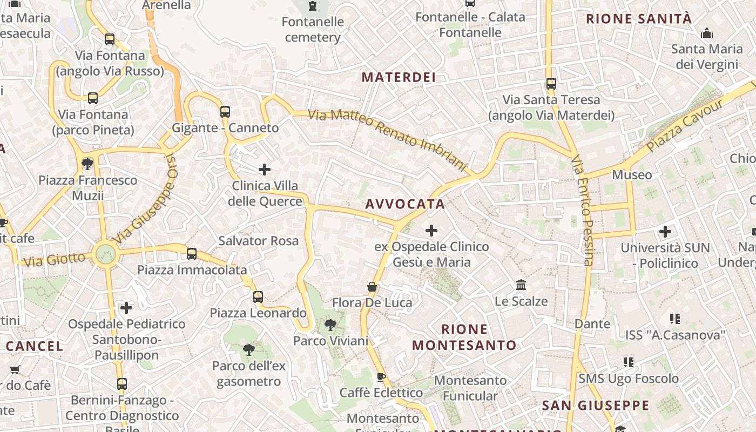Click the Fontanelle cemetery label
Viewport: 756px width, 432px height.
313,30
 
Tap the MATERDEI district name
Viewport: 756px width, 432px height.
399,77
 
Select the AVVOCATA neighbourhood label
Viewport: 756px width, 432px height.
405,204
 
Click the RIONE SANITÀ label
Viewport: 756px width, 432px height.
639,19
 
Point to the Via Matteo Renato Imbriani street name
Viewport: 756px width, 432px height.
387,140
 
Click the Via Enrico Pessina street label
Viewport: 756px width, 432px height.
582,211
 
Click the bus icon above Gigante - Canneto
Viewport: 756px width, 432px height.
225,112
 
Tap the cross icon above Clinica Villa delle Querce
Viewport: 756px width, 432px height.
265,170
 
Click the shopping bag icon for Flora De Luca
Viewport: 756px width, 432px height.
372,287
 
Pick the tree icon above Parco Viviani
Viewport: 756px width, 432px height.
330,325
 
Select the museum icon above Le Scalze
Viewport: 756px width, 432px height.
521,285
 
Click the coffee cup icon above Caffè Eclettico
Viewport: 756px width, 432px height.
381,377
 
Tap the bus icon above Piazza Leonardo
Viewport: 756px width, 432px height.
258,296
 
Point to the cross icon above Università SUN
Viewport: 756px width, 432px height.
665,232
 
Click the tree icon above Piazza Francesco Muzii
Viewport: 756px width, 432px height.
87,164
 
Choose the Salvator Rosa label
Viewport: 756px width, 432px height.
259,241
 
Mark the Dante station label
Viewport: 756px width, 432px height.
592,324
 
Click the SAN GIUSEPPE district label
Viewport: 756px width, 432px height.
596,405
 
